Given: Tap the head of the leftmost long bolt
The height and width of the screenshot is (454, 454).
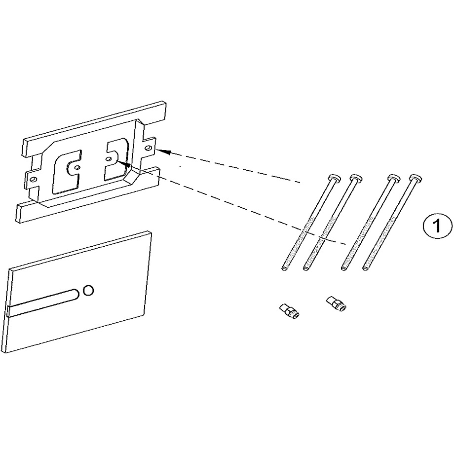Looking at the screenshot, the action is click(334, 177).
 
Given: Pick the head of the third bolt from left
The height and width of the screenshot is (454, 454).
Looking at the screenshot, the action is click(394, 177).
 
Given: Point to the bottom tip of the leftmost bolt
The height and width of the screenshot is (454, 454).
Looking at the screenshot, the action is click(284, 268).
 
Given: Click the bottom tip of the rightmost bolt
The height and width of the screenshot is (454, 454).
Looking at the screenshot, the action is click(365, 268).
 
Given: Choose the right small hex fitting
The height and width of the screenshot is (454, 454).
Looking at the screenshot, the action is click(336, 303).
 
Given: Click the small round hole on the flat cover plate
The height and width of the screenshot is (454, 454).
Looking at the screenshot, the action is click(88, 290).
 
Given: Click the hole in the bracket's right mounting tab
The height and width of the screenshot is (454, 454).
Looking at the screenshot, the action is click(148, 148).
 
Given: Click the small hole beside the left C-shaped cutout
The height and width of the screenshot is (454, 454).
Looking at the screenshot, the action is click(76, 167).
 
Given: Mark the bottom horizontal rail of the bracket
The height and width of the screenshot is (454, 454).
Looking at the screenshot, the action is click(87, 194).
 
